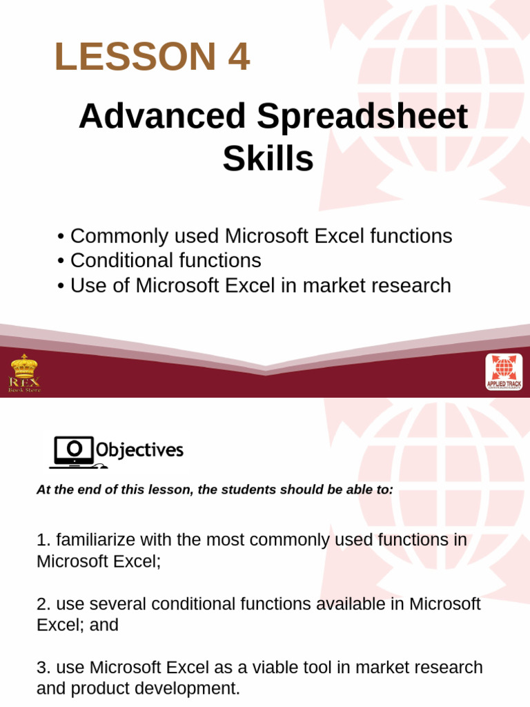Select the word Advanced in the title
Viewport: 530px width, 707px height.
pyautogui.click(x=162, y=116)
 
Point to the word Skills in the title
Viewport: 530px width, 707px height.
pyautogui.click(x=268, y=159)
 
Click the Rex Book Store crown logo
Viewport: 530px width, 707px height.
pyautogui.click(x=24, y=373)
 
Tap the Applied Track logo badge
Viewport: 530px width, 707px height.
pyautogui.click(x=504, y=372)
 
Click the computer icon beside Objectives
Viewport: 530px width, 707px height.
pyautogui.click(x=72, y=452)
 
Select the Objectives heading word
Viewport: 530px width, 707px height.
pyautogui.click(x=139, y=451)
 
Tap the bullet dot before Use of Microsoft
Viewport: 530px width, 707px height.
pyautogui.click(x=61, y=286)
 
